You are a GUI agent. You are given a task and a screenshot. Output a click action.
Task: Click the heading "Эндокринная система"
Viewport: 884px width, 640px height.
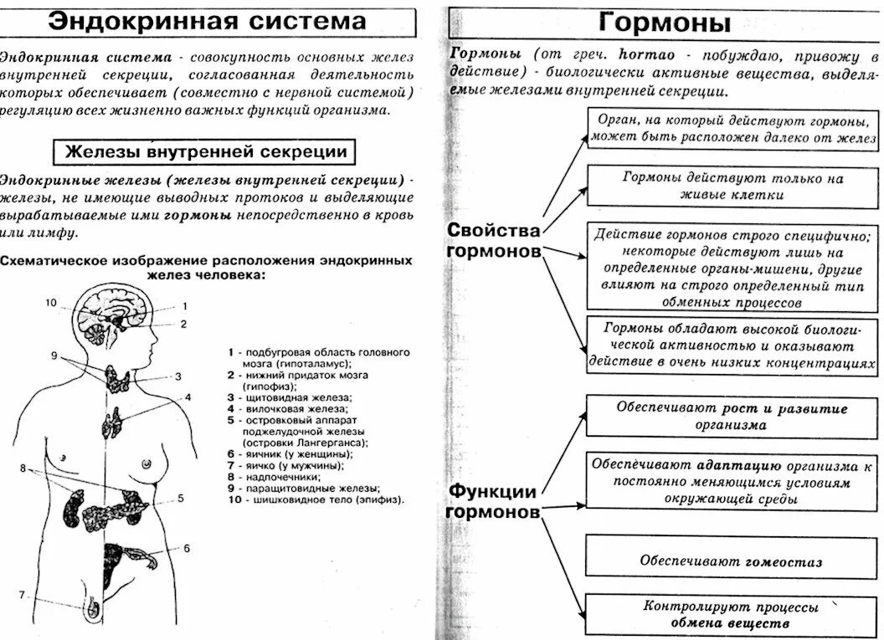tap(207, 21)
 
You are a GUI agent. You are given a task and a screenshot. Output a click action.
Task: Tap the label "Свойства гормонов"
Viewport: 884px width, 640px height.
tap(493, 240)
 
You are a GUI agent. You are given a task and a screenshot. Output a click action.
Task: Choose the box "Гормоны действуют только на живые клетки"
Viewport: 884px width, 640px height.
tap(732, 186)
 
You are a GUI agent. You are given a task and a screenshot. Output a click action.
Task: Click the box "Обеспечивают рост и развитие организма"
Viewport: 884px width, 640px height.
tap(732, 417)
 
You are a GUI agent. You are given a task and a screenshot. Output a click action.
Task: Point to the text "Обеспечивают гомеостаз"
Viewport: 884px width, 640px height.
tap(731, 561)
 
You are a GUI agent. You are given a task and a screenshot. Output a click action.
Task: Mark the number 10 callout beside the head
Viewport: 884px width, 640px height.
tap(50, 303)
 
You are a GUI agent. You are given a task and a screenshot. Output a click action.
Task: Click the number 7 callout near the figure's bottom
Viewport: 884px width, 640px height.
tap(23, 596)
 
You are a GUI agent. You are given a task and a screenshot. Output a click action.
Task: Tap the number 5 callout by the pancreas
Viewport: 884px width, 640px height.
tap(181, 498)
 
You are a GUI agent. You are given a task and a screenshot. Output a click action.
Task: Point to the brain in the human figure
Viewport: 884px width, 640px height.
tap(109, 314)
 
